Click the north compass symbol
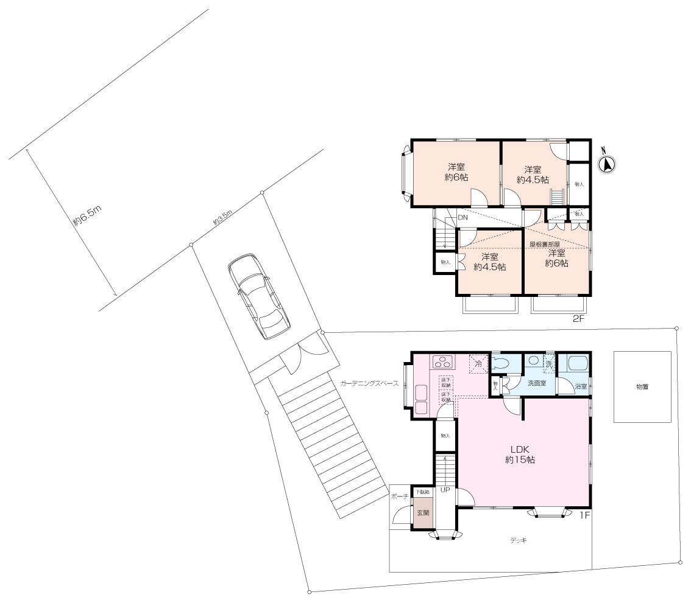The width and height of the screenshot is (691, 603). (608, 163)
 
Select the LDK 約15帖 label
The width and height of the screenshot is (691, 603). (520, 455)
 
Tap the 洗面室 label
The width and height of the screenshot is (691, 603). (536, 384)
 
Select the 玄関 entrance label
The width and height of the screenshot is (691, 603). (422, 513)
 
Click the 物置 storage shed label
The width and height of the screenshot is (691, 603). (642, 386)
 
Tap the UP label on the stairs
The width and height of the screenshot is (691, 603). (445, 490)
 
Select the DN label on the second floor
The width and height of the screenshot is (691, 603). (463, 217)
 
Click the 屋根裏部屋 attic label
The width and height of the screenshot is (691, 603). (544, 244)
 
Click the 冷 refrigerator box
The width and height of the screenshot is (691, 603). (478, 364)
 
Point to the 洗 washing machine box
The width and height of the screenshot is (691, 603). (548, 364)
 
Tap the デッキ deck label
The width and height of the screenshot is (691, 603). (519, 540)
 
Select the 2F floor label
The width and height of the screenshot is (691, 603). (578, 318)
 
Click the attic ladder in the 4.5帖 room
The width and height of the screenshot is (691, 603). (557, 198)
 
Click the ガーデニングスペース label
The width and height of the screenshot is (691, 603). (369, 384)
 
